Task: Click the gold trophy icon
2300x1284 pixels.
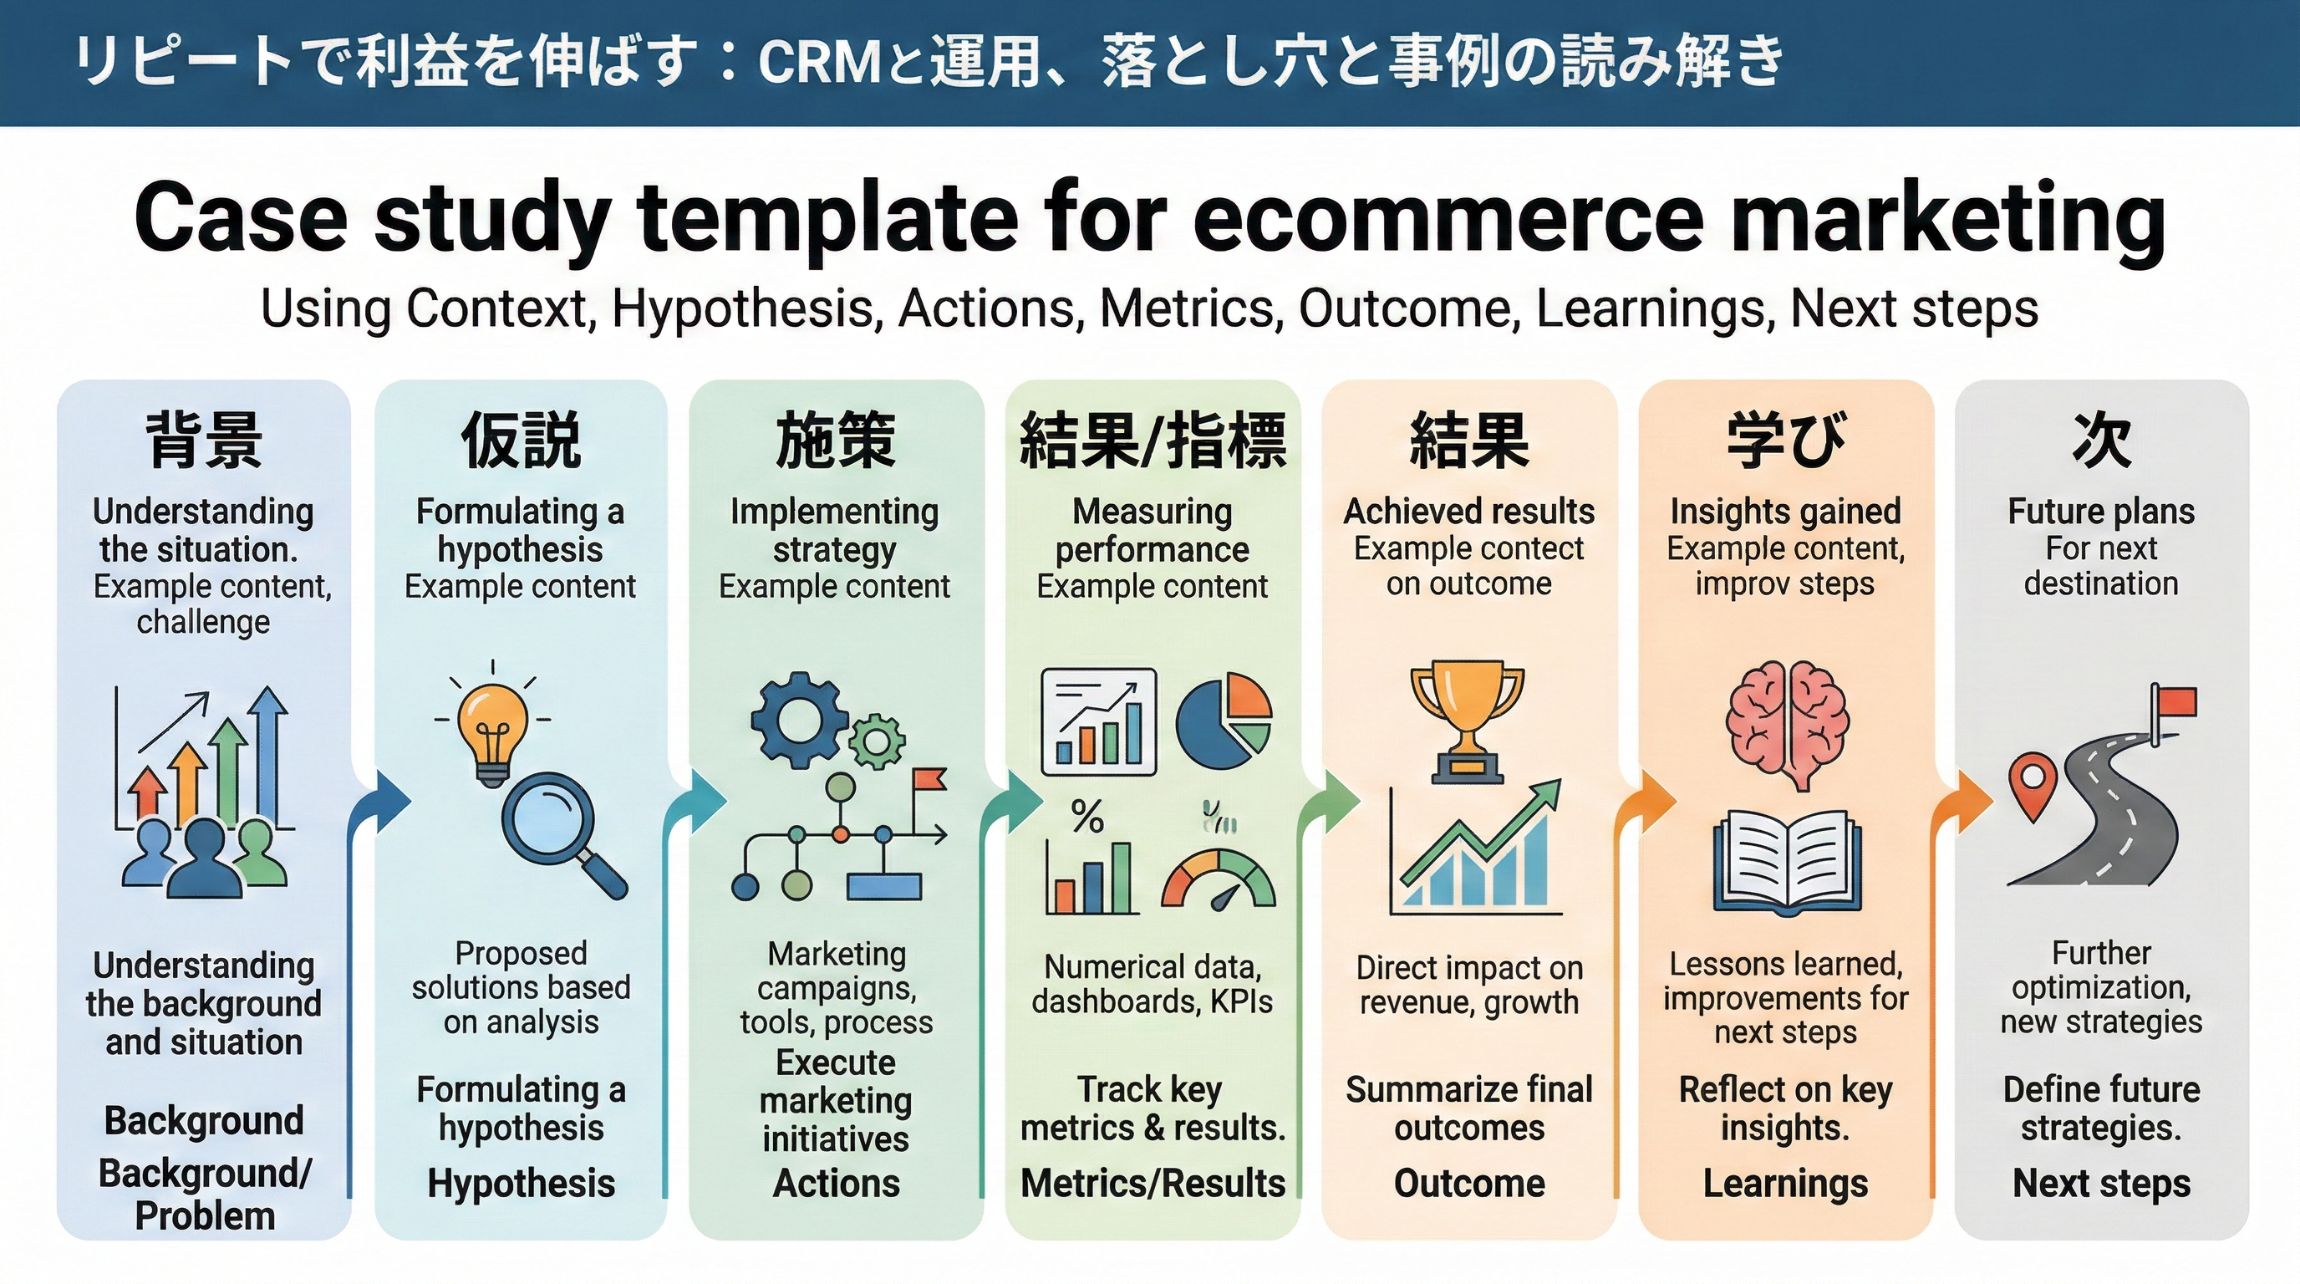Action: (1468, 719)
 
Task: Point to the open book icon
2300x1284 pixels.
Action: (1787, 862)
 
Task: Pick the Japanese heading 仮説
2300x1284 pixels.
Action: (521, 441)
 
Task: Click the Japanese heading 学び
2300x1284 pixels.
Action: (1786, 441)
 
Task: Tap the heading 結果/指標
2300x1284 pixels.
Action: (1153, 441)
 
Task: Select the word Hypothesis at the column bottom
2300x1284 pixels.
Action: (521, 1183)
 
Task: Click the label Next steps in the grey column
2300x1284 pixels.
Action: (2101, 1183)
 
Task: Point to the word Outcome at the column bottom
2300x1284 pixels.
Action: (1468, 1183)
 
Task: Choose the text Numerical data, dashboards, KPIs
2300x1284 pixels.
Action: (1152, 984)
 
